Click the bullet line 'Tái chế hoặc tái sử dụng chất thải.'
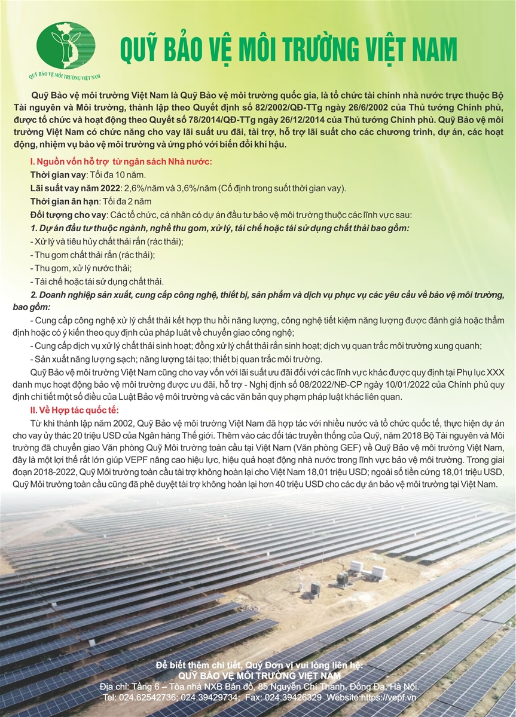pos(96,281)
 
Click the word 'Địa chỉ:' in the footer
pos(115,687)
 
